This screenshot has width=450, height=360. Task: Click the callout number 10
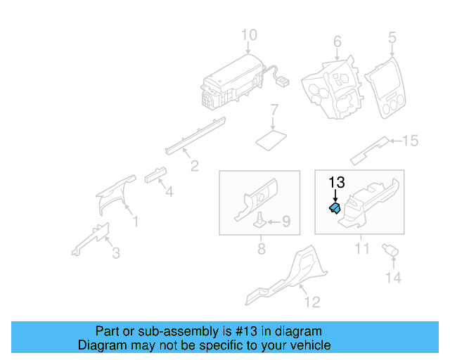(x=250, y=34)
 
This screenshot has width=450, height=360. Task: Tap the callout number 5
(x=392, y=37)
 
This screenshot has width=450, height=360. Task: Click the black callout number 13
(x=337, y=182)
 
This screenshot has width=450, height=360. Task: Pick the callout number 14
(x=392, y=278)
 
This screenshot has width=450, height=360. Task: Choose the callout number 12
(x=312, y=302)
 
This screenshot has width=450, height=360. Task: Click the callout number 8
(x=261, y=248)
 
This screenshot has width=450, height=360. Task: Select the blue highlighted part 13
(x=335, y=208)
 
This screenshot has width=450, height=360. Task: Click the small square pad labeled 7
(x=271, y=137)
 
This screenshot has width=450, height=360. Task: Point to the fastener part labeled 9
(x=260, y=220)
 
